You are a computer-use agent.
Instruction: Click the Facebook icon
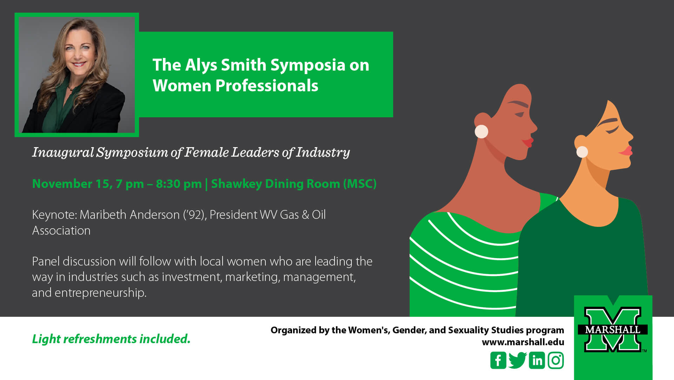pyautogui.click(x=498, y=360)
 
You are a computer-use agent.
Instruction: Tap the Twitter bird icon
pyautogui.click(x=517, y=360)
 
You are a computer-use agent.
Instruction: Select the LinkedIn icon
pyautogui.click(x=537, y=360)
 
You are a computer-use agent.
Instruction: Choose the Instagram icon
pyautogui.click(x=556, y=360)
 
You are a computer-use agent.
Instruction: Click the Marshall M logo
pyautogui.click(x=613, y=329)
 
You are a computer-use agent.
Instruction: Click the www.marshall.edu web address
pyautogui.click(x=523, y=342)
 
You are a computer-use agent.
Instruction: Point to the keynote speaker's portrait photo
pyautogui.click(x=77, y=75)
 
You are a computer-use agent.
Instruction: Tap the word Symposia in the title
pyautogui.click(x=308, y=66)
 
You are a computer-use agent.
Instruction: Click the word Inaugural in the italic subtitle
pyautogui.click(x=63, y=152)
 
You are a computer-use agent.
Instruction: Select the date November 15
pyautogui.click(x=72, y=184)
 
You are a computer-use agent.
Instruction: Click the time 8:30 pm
pyautogui.click(x=179, y=184)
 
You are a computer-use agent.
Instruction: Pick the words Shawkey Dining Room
pyautogui.click(x=276, y=184)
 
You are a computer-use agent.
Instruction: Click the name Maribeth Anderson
pyautogui.click(x=130, y=215)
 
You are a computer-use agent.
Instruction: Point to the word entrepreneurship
pyautogui.click(x=100, y=293)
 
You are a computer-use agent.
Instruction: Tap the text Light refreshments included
pyautogui.click(x=111, y=339)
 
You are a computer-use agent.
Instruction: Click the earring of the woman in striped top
pyautogui.click(x=481, y=132)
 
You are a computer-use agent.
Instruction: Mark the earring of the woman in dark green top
pyautogui.click(x=582, y=152)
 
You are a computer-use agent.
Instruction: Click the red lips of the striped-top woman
pyautogui.click(x=528, y=142)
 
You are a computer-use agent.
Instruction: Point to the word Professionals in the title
pyautogui.click(x=267, y=86)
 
